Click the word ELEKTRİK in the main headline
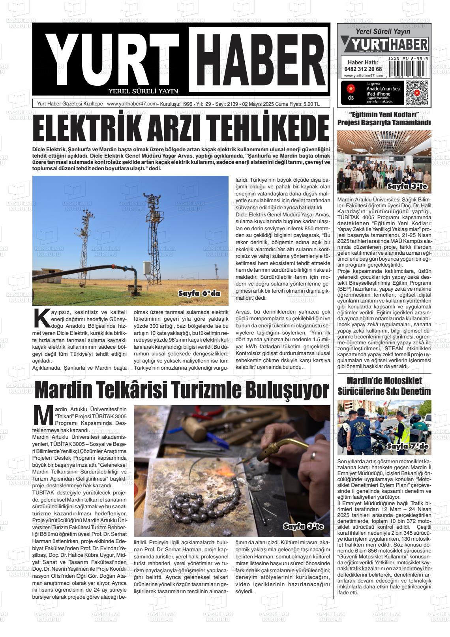85,128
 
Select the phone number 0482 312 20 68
363,69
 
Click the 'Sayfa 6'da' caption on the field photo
199,294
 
